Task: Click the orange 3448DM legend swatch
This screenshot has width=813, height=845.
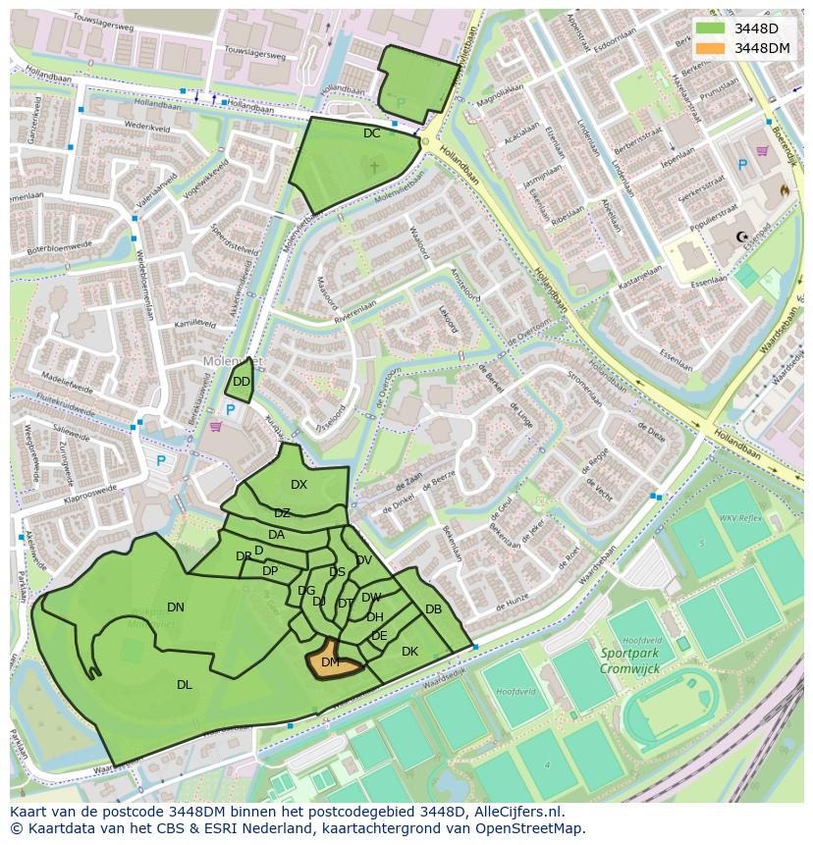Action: [711, 48]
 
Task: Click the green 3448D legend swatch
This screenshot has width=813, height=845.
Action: [711, 27]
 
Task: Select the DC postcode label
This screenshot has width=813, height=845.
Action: [371, 133]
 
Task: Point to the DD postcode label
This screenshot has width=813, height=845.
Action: [242, 382]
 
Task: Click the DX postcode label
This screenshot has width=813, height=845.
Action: [298, 485]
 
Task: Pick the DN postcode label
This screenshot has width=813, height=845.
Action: [176, 607]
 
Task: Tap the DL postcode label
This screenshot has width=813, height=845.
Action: [185, 685]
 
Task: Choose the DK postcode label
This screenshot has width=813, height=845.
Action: [409, 652]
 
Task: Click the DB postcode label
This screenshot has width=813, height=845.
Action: [433, 609]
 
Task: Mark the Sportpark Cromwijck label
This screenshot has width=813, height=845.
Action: [629, 660]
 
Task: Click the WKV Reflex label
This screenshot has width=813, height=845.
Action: [740, 517]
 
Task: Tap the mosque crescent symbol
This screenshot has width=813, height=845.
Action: [742, 238]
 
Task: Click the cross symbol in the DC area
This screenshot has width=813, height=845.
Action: [373, 168]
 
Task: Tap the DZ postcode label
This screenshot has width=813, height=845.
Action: [282, 513]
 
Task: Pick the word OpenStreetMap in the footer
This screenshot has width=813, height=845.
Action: [531, 828]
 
